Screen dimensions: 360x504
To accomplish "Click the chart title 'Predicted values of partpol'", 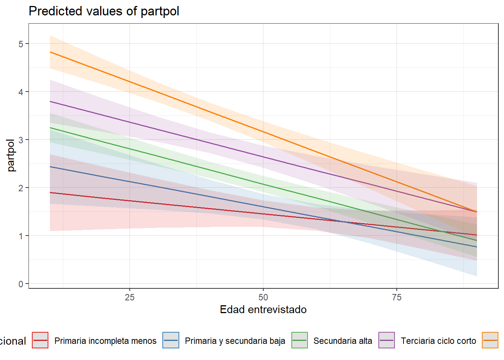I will tap(104, 11).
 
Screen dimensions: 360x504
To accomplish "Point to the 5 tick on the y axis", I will tap(21, 44).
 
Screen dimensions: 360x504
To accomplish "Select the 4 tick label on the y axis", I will tap(21, 92).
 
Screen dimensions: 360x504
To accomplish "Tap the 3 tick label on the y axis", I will tap(21, 140).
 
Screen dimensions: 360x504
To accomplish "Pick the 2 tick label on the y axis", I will tap(21, 188).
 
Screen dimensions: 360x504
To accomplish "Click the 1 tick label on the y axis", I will tap(21, 236).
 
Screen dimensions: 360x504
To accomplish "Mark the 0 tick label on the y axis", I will tap(21, 284).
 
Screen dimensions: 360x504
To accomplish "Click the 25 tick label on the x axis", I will tap(129, 297).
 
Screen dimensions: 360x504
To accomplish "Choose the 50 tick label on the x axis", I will tap(263, 297).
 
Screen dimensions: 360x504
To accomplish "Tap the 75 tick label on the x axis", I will tap(397, 297).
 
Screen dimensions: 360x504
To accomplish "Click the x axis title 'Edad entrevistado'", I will tap(263, 309).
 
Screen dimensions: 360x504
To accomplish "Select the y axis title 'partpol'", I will tap(11, 155).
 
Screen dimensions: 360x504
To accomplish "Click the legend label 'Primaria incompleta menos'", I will tap(105, 341).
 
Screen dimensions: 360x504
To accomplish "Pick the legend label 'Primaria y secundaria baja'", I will tap(235, 341).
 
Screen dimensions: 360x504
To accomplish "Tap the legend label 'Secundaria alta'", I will tap(343, 341).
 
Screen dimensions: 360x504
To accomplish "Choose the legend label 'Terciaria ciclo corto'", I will tap(438, 341).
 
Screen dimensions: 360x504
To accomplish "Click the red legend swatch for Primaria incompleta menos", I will tap(40, 340).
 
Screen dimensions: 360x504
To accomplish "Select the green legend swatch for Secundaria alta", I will tap(300, 340).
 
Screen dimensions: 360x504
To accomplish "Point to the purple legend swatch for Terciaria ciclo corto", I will tap(387, 340).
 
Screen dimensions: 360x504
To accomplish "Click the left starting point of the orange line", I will tap(50, 52).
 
